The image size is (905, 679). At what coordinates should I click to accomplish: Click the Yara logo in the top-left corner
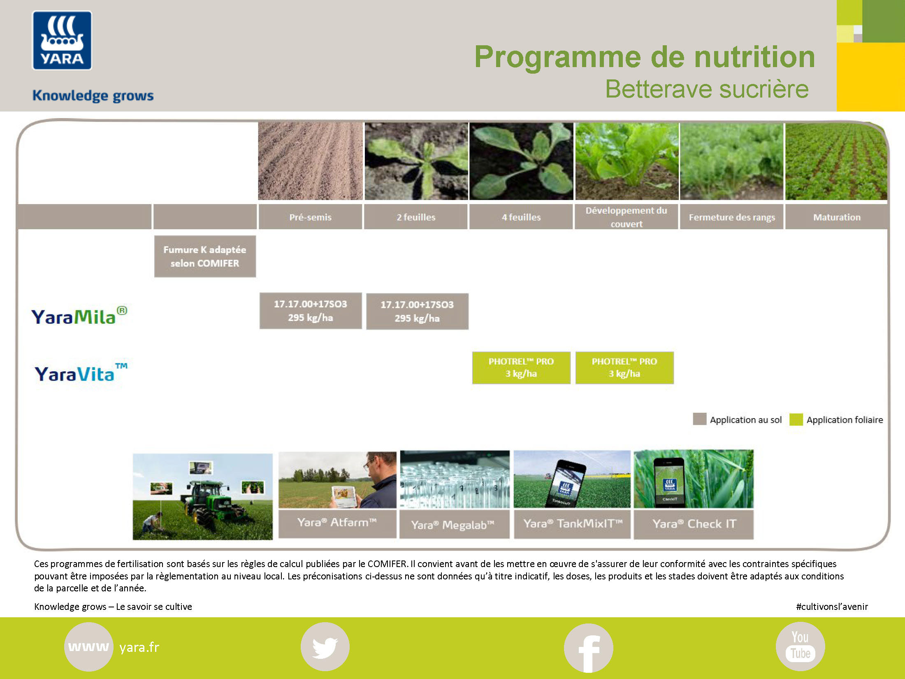pos(62,40)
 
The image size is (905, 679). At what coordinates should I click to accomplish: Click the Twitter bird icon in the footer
pos(325,647)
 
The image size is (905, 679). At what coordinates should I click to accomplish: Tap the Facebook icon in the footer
pos(589,648)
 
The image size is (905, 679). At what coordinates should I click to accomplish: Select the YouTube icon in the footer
pos(801,646)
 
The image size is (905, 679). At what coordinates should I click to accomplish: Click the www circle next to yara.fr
pos(88,647)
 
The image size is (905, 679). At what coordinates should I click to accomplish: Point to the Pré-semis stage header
pos(310,217)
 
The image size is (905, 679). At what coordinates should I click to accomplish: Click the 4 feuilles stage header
pos(521,217)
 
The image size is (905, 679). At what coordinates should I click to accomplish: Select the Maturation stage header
pos(836,217)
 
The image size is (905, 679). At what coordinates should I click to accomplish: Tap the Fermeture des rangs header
pos(732,217)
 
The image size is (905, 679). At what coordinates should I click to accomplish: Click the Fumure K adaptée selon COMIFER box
pos(205,256)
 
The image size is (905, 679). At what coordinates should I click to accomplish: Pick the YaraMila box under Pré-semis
pos(311,311)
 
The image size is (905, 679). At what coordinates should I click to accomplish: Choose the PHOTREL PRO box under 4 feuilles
pos(521,367)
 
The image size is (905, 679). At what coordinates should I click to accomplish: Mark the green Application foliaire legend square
pos(796,419)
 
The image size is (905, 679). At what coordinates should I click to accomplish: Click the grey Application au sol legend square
pos(700,419)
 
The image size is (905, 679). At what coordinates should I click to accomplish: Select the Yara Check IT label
pos(694,524)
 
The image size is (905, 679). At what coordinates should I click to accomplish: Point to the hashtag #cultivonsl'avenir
pos(832,607)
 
